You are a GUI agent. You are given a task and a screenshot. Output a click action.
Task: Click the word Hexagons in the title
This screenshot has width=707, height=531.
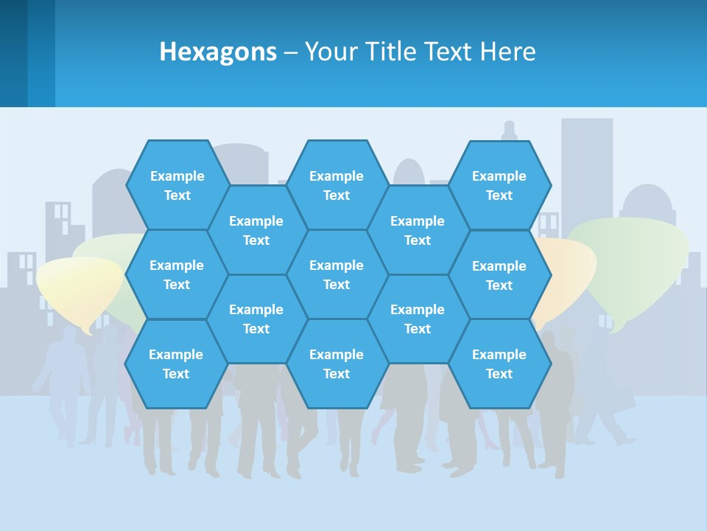pos(218,52)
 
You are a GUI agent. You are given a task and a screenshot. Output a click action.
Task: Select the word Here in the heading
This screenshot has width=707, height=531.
pos(507,52)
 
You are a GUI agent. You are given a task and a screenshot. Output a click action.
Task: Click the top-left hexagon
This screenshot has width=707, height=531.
pos(177,185)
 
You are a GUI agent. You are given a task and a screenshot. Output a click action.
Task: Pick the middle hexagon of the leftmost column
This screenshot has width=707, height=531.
pos(177,274)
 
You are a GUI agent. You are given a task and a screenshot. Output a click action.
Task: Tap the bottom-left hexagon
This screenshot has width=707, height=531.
pos(176,364)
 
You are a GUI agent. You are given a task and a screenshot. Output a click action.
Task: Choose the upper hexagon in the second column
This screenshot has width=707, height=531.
pos(256,230)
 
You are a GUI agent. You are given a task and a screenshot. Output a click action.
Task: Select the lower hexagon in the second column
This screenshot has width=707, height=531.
pos(256,319)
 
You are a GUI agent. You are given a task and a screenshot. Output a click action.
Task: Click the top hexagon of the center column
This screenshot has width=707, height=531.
pos(337,185)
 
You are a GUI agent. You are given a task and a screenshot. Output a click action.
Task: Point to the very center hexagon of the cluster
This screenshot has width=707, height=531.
pos(337,274)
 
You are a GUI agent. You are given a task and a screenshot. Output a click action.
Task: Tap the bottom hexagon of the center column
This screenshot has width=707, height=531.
pos(337,364)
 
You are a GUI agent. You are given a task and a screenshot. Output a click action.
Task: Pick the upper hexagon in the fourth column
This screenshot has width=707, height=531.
pos(418,230)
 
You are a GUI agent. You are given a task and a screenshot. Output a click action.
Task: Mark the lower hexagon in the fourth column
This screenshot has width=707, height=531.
pos(418,319)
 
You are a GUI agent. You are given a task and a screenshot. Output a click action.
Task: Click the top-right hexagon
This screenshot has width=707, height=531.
pos(499,185)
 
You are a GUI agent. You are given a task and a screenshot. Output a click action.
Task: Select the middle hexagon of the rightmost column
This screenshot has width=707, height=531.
pos(499,275)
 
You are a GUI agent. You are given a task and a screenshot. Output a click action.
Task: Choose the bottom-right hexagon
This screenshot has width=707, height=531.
pos(499,364)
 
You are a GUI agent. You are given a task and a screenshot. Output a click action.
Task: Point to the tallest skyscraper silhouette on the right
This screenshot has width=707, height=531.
pos(587,162)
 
